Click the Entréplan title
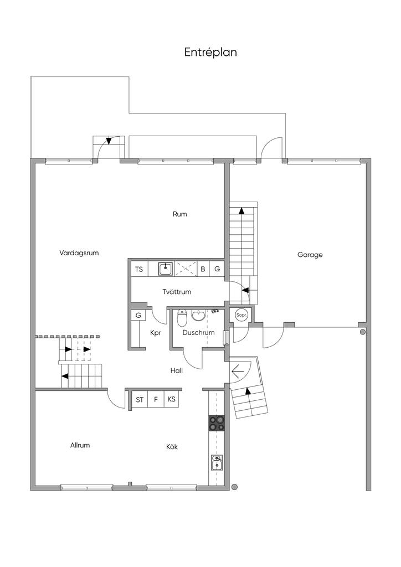point(210,52)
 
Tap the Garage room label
point(310,255)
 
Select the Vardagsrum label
point(79,253)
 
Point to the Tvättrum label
point(177,292)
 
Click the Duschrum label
point(198,333)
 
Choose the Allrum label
point(80,445)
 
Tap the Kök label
point(172,447)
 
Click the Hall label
point(177,370)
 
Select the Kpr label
point(156,333)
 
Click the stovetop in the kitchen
point(216,422)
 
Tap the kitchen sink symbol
point(217,462)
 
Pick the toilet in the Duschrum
point(182,318)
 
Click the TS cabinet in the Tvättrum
point(139,269)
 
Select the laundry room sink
point(166,269)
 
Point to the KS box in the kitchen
point(171,399)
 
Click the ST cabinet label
point(140,400)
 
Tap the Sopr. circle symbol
point(241,315)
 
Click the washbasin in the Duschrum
point(198,315)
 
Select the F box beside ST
point(156,399)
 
